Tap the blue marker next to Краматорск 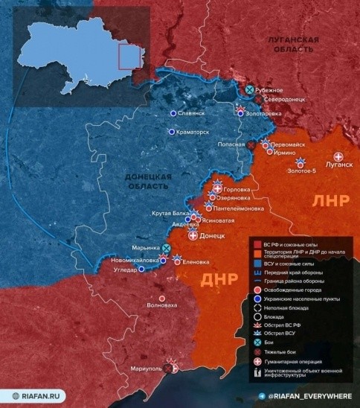click(x=172, y=132)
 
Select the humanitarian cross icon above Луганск click(x=339, y=156)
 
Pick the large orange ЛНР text click(x=330, y=201)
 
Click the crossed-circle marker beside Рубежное click(x=249, y=90)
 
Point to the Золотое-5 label click(x=300, y=171)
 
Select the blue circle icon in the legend click(x=257, y=299)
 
